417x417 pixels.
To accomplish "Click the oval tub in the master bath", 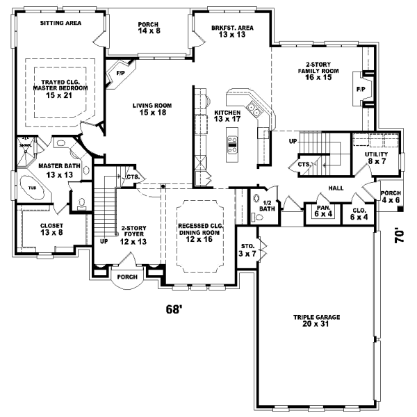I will coord(32,188).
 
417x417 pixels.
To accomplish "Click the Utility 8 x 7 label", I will coord(375,157).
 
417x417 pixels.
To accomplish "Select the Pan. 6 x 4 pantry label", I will coord(321,211).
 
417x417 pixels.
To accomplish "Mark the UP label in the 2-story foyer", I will coord(104,242).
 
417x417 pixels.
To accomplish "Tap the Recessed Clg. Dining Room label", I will coord(199,231).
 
